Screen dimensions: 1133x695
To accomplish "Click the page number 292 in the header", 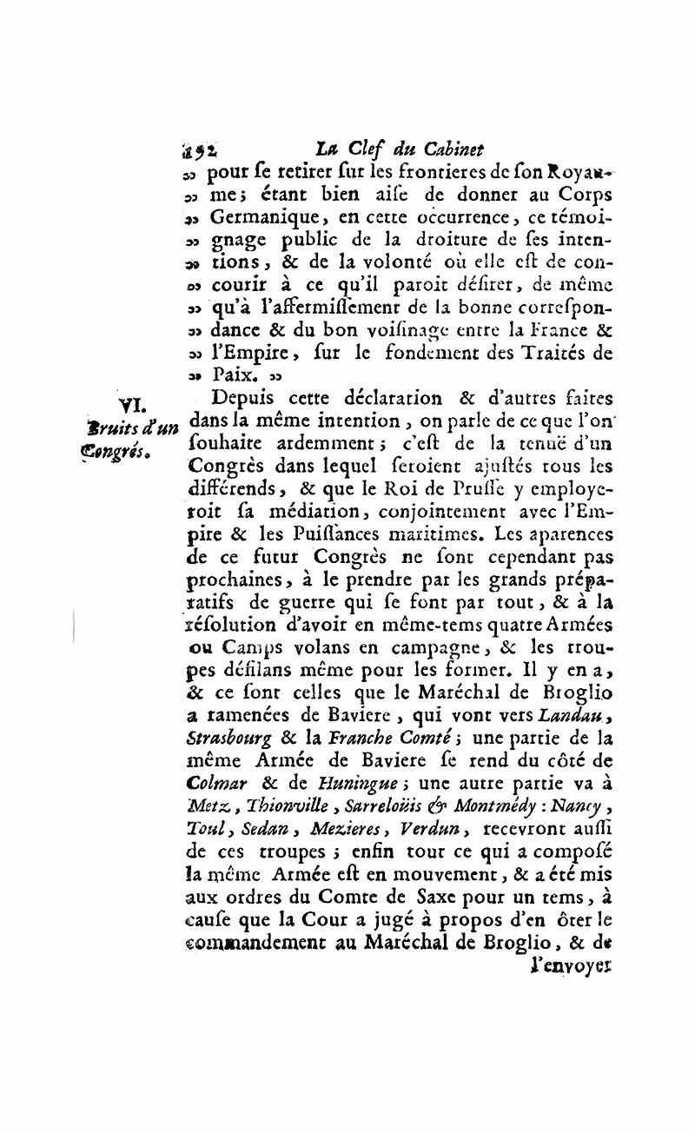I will (200, 149).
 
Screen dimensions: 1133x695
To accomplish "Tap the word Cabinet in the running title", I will (453, 148).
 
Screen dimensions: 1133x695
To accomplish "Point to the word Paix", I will (232, 376).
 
